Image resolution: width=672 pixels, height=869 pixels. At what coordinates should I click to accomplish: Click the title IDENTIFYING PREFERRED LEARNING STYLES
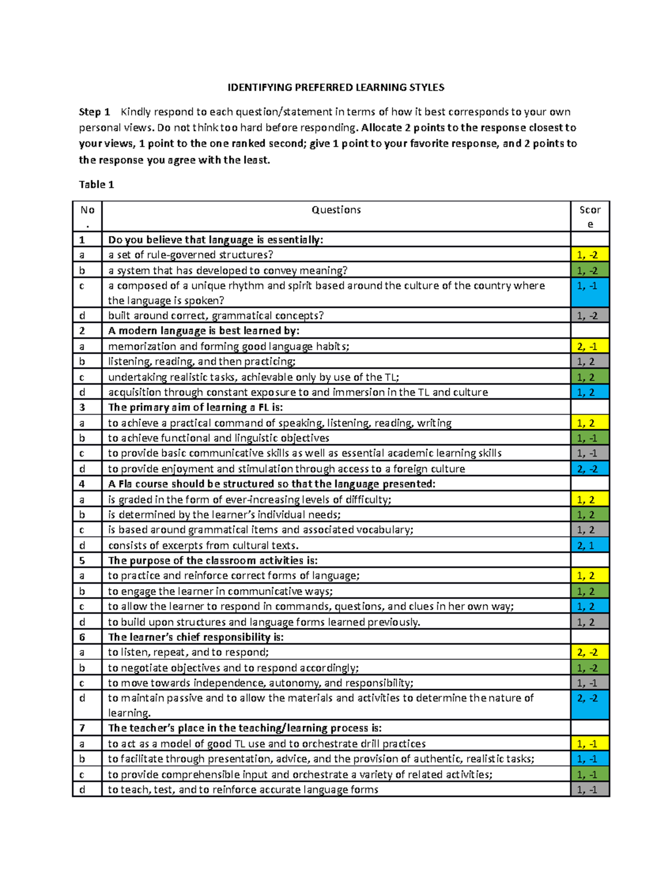tap(335, 87)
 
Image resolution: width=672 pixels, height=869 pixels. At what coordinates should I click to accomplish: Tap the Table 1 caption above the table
tap(96, 185)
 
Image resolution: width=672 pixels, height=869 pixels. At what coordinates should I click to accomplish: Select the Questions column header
tap(336, 210)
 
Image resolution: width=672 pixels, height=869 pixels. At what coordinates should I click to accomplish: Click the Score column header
tap(590, 217)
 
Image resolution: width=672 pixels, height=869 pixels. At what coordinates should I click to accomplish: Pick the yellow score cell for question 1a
tap(590, 255)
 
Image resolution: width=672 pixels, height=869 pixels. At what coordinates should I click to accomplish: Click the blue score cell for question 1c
tap(590, 293)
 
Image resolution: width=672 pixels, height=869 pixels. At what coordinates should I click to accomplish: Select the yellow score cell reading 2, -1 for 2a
tap(590, 346)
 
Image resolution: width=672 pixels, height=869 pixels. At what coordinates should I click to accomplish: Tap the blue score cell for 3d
tap(590, 469)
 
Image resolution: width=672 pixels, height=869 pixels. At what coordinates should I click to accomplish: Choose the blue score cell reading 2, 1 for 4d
tap(590, 545)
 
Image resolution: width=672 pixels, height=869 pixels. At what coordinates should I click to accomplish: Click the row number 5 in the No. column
tap(82, 561)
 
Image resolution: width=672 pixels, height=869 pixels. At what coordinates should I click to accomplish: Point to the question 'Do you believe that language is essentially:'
tap(216, 240)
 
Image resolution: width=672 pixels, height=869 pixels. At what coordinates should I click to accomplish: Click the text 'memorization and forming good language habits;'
tap(228, 346)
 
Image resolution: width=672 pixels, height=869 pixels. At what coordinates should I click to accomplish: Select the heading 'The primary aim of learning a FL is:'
tap(195, 407)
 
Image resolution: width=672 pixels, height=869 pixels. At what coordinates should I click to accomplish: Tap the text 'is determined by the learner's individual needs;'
tap(224, 515)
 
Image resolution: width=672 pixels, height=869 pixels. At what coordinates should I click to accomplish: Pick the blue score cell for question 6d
tap(590, 705)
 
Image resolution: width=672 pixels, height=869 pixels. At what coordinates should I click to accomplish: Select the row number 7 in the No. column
tap(82, 728)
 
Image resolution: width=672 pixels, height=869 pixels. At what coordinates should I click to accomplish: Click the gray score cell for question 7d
tap(590, 790)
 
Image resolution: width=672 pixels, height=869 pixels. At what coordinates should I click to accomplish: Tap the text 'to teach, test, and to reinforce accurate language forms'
tap(243, 790)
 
